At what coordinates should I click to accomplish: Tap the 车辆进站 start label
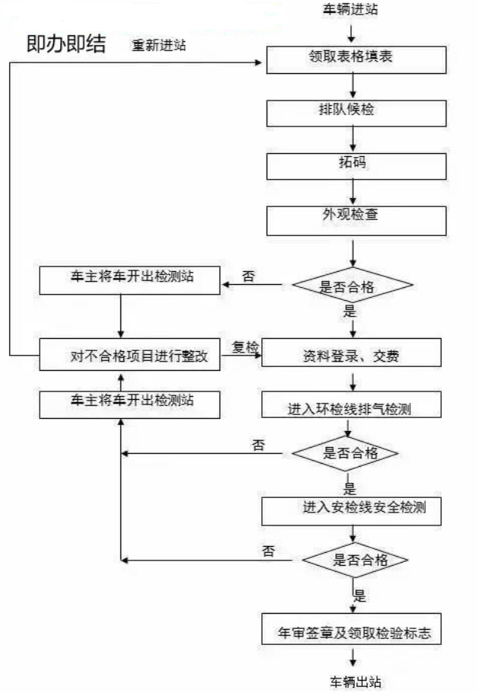click(x=351, y=9)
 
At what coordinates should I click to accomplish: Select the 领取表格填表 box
click(x=354, y=59)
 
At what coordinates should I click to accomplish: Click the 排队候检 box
click(x=354, y=111)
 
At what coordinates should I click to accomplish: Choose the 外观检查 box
click(x=354, y=217)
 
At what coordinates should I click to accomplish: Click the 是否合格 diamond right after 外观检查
click(x=352, y=286)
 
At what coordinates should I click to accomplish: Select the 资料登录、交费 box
click(x=351, y=354)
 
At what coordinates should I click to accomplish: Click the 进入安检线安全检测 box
click(x=351, y=509)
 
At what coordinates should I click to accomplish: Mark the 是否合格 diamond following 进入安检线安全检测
click(x=355, y=560)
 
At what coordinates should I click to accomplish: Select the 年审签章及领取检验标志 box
click(x=351, y=631)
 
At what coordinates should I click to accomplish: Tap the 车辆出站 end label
click(x=355, y=681)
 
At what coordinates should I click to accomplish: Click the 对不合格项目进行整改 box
click(x=130, y=355)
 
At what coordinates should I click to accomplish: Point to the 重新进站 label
click(x=158, y=45)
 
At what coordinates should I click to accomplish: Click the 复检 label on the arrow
click(x=245, y=347)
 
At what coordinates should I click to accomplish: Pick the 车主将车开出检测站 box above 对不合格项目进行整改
click(x=130, y=279)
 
